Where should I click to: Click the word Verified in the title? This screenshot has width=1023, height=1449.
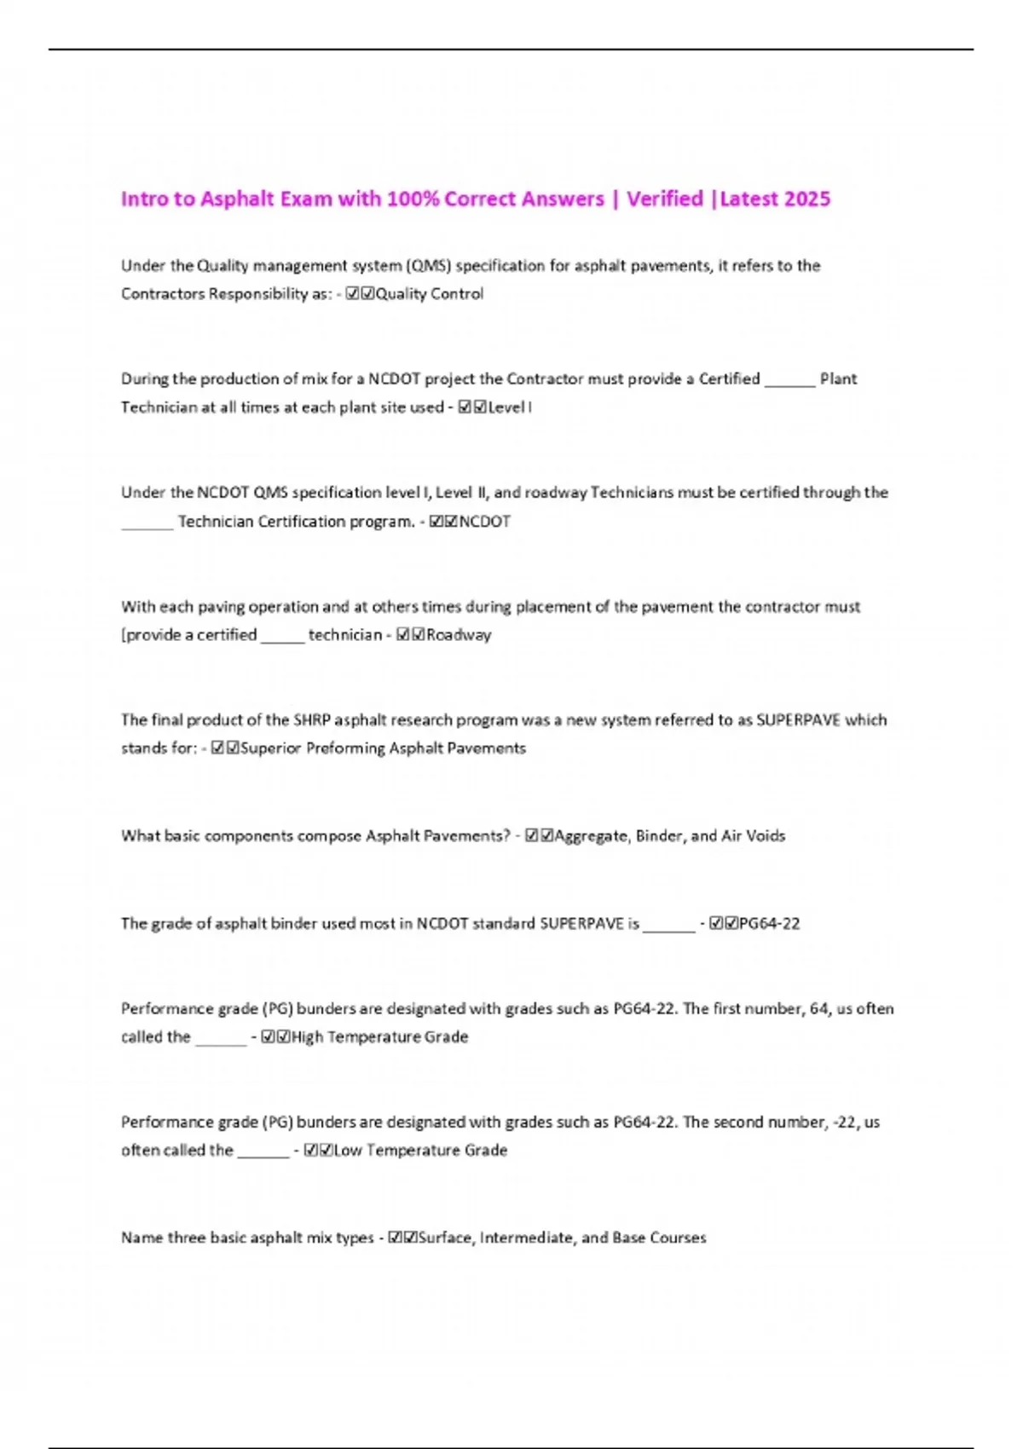coord(665,199)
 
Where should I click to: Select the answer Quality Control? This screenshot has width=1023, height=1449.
coord(429,294)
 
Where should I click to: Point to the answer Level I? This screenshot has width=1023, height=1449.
coord(509,407)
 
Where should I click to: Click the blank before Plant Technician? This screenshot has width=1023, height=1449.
coord(789,380)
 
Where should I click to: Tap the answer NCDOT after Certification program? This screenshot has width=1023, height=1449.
coord(484,522)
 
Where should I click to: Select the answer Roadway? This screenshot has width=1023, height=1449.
coord(459,635)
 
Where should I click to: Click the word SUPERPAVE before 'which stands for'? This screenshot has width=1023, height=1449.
coord(798,720)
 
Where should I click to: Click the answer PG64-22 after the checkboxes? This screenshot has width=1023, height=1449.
coord(769,924)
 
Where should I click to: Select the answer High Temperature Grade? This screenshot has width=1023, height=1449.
coord(379,1037)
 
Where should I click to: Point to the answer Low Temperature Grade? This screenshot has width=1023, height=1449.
coord(420,1151)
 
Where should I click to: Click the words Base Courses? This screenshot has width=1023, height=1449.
coord(659,1238)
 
